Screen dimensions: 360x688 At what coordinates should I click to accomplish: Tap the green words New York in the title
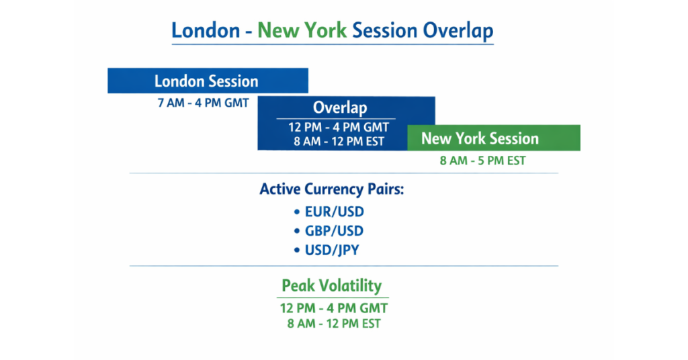point(302,30)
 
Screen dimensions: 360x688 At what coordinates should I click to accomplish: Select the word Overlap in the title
point(458,30)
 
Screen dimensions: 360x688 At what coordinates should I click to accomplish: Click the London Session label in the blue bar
point(206,81)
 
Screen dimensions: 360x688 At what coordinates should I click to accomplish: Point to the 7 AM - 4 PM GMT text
point(203,103)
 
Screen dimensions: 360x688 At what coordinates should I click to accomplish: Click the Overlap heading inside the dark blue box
point(340,108)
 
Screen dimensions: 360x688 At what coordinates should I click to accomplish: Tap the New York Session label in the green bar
point(480,138)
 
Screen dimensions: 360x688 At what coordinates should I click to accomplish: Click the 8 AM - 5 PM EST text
point(482,161)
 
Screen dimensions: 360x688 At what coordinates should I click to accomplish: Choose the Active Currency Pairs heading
point(332,189)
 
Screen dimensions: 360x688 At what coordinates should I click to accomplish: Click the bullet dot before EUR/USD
point(297,212)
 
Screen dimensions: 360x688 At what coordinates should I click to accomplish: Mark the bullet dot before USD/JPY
point(297,251)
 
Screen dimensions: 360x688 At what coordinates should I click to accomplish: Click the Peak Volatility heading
point(332,285)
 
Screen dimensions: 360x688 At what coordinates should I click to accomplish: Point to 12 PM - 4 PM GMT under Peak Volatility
point(334,308)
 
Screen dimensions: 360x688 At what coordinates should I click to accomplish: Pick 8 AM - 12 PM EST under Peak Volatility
point(334,323)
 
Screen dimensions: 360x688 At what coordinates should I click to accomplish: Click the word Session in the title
point(385,30)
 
